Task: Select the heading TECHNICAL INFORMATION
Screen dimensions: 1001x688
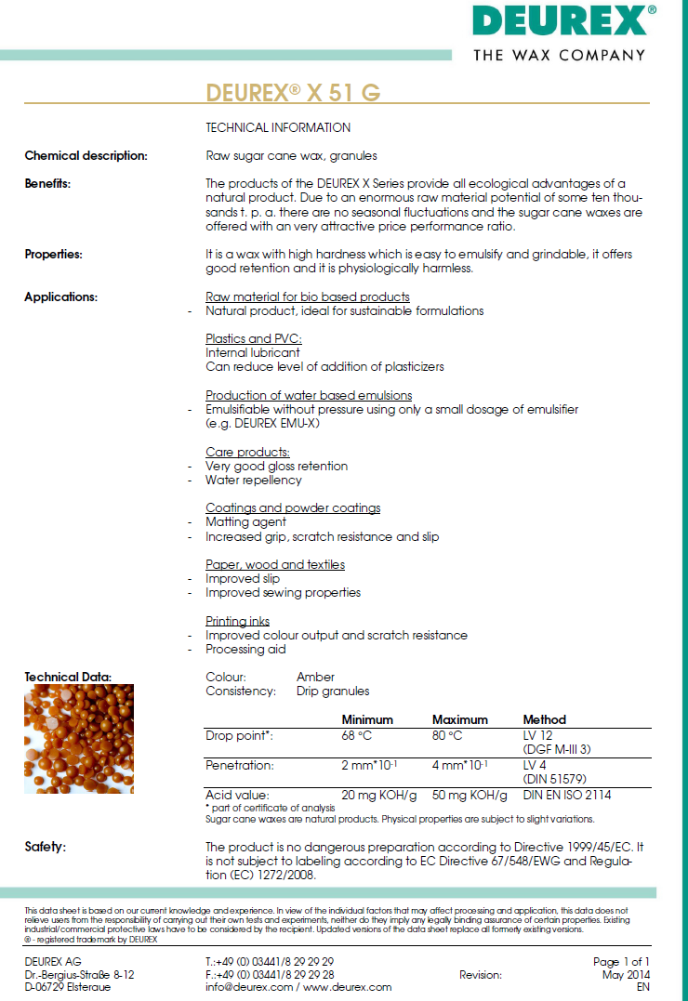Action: point(278,127)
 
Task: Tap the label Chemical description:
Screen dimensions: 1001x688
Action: point(86,155)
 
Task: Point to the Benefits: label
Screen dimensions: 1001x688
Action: point(47,183)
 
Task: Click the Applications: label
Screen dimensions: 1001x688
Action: point(60,297)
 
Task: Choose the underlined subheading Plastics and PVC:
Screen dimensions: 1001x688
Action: point(254,339)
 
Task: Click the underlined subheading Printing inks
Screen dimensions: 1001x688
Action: point(238,621)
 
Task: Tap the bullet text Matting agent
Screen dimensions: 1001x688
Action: point(245,522)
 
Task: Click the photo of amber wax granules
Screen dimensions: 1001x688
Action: point(79,738)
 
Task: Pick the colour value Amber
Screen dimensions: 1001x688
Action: point(315,677)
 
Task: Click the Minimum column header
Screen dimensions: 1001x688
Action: point(367,719)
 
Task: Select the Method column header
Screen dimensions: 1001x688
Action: point(544,719)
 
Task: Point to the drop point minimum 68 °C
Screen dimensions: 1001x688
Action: point(357,736)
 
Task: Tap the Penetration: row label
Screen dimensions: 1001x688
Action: point(240,765)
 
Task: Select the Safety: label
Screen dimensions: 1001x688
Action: point(46,847)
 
